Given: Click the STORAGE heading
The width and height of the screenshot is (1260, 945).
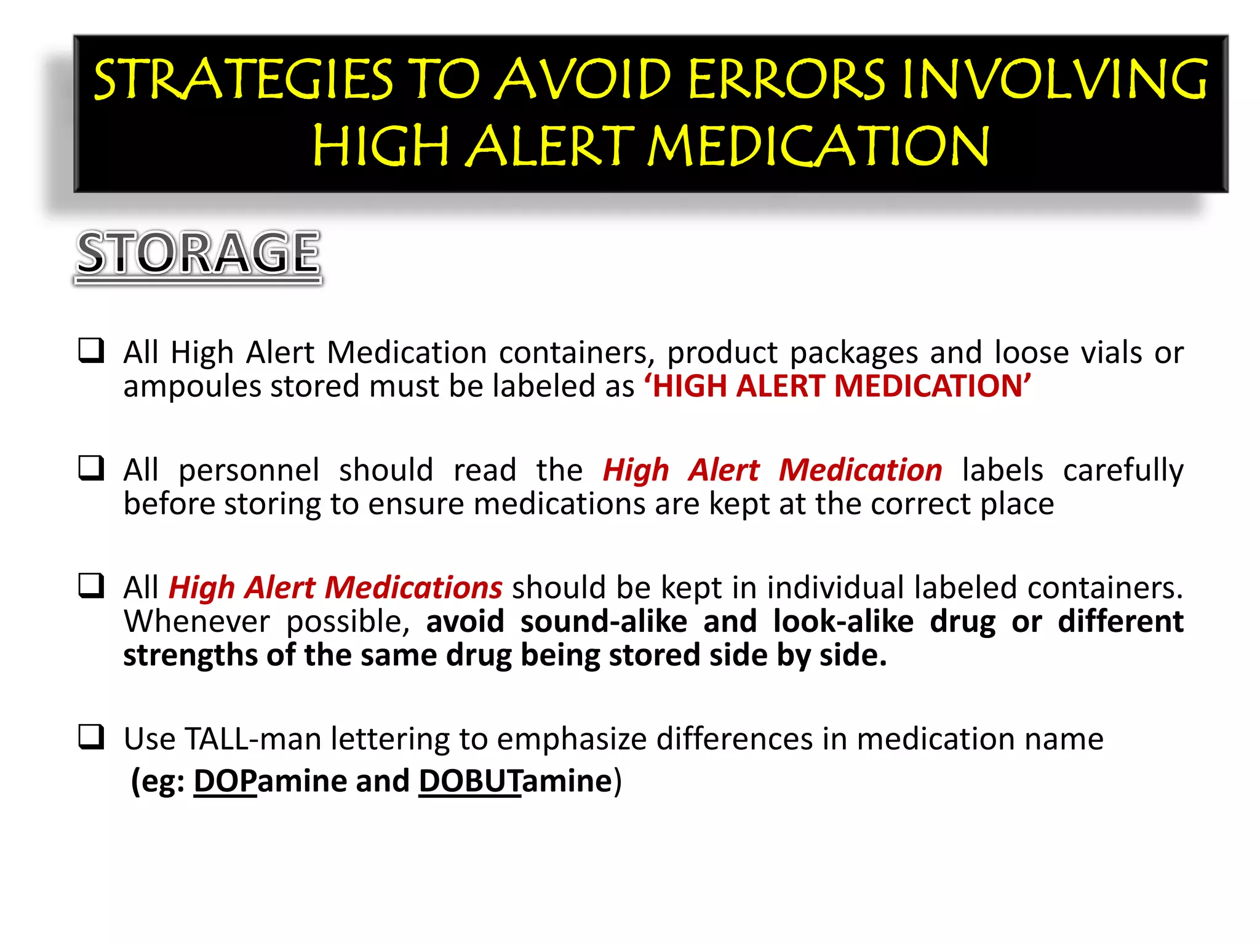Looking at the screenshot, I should [x=198, y=253].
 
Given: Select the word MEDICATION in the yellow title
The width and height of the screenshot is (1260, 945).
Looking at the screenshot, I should [x=818, y=146].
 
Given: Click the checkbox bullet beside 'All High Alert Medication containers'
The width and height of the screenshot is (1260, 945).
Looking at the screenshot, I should [x=91, y=351].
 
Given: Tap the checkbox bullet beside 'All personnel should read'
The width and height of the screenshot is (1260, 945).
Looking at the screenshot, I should [x=91, y=468].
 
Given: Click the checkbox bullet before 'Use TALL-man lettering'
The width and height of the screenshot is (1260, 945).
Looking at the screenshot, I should [x=91, y=737].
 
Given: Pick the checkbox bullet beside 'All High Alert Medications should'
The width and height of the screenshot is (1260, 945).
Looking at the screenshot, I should [x=91, y=586].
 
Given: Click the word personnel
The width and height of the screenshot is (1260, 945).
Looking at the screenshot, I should [x=249, y=471].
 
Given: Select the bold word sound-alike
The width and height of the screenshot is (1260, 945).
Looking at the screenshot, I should [x=604, y=621].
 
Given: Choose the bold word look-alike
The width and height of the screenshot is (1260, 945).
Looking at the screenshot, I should [x=843, y=621].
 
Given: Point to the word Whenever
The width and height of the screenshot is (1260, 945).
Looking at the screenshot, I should [x=196, y=621].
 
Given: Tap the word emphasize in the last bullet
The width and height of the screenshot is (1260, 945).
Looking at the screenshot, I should [x=572, y=739].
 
